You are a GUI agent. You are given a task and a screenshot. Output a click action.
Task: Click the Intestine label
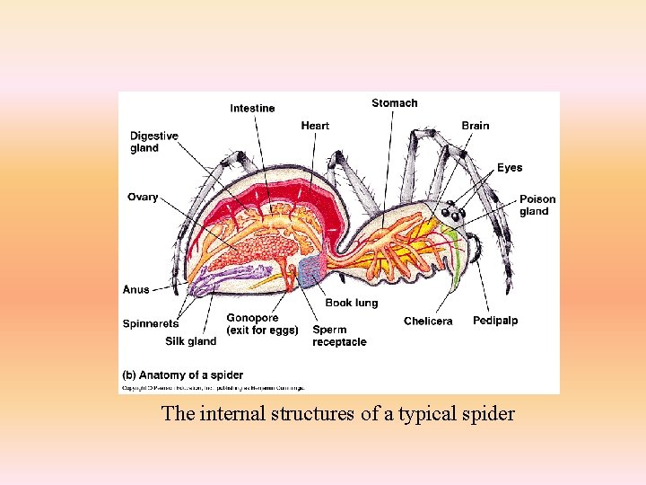click(x=252, y=109)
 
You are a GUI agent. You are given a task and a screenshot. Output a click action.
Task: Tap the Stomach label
click(x=394, y=103)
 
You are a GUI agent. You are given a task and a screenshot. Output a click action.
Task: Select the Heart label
click(x=315, y=126)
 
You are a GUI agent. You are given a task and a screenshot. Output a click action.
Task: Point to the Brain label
click(x=476, y=126)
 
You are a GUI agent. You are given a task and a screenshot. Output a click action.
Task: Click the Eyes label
click(x=510, y=168)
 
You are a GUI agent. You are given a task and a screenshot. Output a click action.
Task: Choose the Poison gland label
click(x=537, y=206)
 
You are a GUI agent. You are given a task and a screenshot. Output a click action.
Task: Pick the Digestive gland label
click(x=153, y=142)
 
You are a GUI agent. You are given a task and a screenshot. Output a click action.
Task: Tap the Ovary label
click(x=143, y=198)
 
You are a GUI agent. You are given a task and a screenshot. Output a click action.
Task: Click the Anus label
click(x=136, y=290)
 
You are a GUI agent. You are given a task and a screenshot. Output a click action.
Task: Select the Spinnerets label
click(x=151, y=323)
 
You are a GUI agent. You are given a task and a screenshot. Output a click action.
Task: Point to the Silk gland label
click(x=190, y=341)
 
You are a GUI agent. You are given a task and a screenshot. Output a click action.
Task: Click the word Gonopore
click(x=252, y=318)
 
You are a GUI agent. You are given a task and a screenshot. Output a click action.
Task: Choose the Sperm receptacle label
click(x=339, y=336)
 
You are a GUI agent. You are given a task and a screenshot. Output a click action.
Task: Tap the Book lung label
click(x=351, y=304)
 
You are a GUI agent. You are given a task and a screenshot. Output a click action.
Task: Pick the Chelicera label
click(x=428, y=322)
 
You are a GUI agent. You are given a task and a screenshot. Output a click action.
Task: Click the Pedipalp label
click(x=495, y=321)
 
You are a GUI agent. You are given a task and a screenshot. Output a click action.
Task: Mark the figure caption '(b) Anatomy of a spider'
click(x=182, y=375)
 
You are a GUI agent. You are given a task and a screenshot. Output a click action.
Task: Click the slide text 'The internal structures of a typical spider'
click(x=337, y=414)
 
